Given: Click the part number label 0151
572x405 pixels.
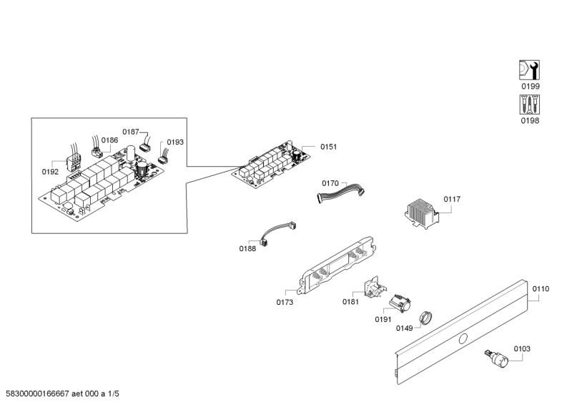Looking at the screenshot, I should tap(328, 147).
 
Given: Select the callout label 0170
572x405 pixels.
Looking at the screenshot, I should tap(330, 184).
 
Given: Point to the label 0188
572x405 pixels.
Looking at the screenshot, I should tap(247, 248).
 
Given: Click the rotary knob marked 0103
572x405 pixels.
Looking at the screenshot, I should tap(500, 357).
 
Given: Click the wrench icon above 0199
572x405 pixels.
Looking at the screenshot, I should tap(528, 70).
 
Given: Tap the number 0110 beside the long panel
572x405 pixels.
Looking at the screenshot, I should tap(541, 289).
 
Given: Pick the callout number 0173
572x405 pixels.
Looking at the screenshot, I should tap(285, 303).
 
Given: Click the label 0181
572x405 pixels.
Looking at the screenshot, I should tap(350, 303).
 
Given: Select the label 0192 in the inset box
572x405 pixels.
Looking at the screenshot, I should tap(50, 172).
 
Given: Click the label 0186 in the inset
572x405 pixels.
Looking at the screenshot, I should tap(109, 140).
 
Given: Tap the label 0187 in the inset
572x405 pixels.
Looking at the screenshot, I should tap(130, 132).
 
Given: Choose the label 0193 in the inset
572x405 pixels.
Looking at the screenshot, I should tap(175, 142).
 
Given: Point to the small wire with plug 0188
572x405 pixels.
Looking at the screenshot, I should tap(274, 233).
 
